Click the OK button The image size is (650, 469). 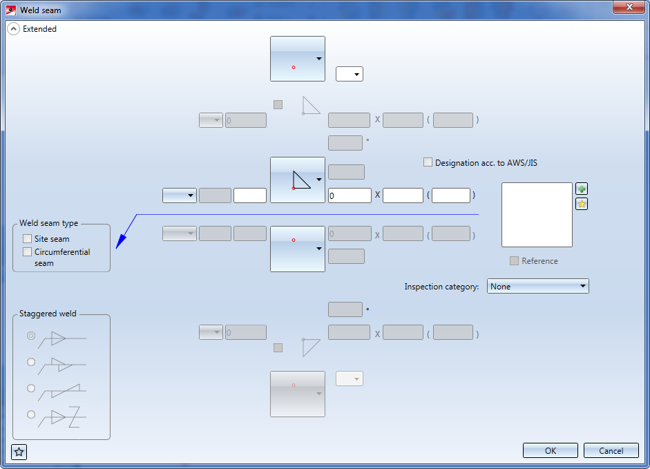pyautogui.click(x=550, y=450)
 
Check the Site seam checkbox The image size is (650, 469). pyautogui.click(x=28, y=239)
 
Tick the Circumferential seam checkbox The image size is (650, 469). pyautogui.click(x=28, y=252)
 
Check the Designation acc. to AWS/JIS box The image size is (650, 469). pyautogui.click(x=428, y=163)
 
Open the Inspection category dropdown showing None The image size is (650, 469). pyautogui.click(x=538, y=286)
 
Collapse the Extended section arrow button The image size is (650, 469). pyautogui.click(x=13, y=29)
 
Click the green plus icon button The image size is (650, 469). pyautogui.click(x=582, y=189)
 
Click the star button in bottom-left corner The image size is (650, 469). pyautogui.click(x=19, y=452)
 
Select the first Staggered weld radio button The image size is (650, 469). pyautogui.click(x=31, y=336)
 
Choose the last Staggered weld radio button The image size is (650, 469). pyautogui.click(x=31, y=414)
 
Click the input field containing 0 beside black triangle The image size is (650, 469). pyautogui.click(x=350, y=195)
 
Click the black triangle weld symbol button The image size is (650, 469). pyautogui.click(x=297, y=180)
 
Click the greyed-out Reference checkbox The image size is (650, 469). pyautogui.click(x=514, y=261)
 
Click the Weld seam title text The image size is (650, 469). pyautogui.click(x=41, y=10)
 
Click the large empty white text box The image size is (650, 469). pyautogui.click(x=537, y=215)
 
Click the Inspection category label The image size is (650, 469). pyautogui.click(x=441, y=287)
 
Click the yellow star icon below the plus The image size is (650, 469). pyautogui.click(x=582, y=204)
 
